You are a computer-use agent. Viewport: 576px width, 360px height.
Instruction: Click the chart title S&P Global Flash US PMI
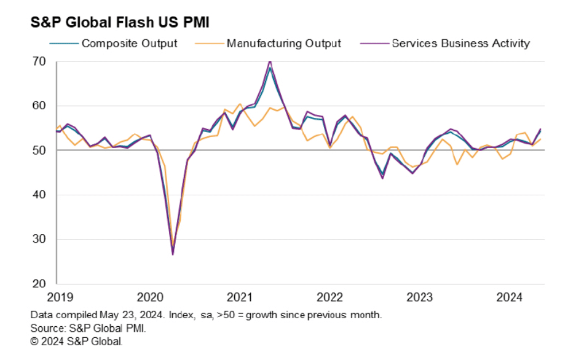[120, 23]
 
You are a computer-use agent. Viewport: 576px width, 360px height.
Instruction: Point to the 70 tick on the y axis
[39, 61]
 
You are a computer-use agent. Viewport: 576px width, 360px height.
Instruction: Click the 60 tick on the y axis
[39, 106]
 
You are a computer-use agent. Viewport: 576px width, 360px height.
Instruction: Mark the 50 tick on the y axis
[39, 151]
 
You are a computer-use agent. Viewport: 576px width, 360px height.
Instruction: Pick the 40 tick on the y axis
[39, 195]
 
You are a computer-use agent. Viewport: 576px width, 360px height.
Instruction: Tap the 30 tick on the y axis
[39, 240]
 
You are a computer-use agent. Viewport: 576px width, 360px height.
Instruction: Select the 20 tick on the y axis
[39, 284]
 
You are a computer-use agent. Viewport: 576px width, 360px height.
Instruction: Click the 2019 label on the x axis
[57, 298]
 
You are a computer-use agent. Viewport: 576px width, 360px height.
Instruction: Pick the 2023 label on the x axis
[420, 298]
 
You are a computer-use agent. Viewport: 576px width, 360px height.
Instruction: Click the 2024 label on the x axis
[511, 298]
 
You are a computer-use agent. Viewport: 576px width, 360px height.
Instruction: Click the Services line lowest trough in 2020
[173, 254]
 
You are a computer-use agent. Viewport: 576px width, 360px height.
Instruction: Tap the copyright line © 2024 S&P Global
[77, 341]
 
